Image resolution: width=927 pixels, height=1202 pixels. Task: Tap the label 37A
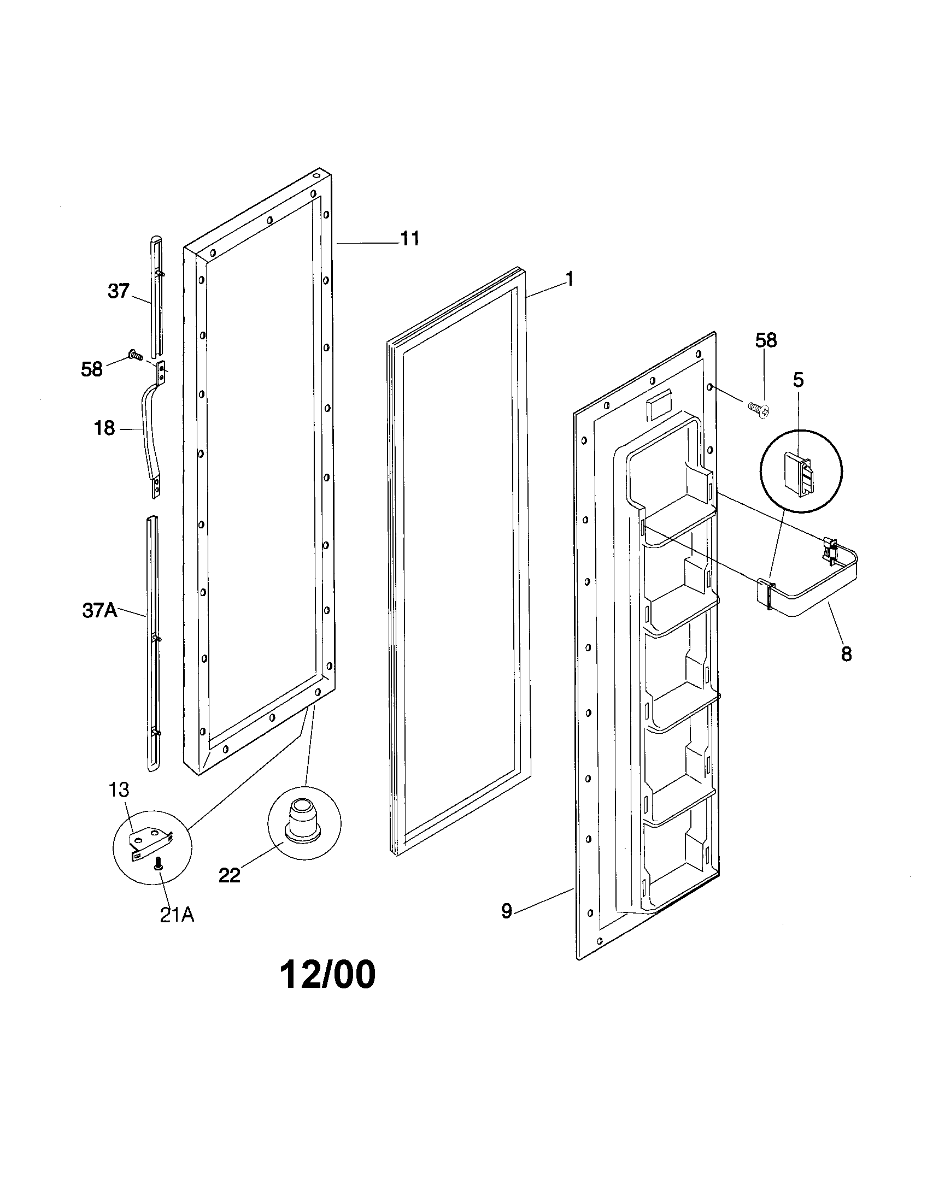pyautogui.click(x=99, y=610)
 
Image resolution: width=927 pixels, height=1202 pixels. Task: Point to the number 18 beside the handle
pyautogui.click(x=104, y=428)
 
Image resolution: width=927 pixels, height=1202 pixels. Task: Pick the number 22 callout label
pyautogui.click(x=229, y=875)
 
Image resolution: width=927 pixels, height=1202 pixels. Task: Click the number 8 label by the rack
pyautogui.click(x=846, y=655)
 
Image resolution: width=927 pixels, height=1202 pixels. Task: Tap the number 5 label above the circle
pyautogui.click(x=798, y=380)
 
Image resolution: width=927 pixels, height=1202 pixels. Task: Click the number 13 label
pyautogui.click(x=119, y=790)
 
